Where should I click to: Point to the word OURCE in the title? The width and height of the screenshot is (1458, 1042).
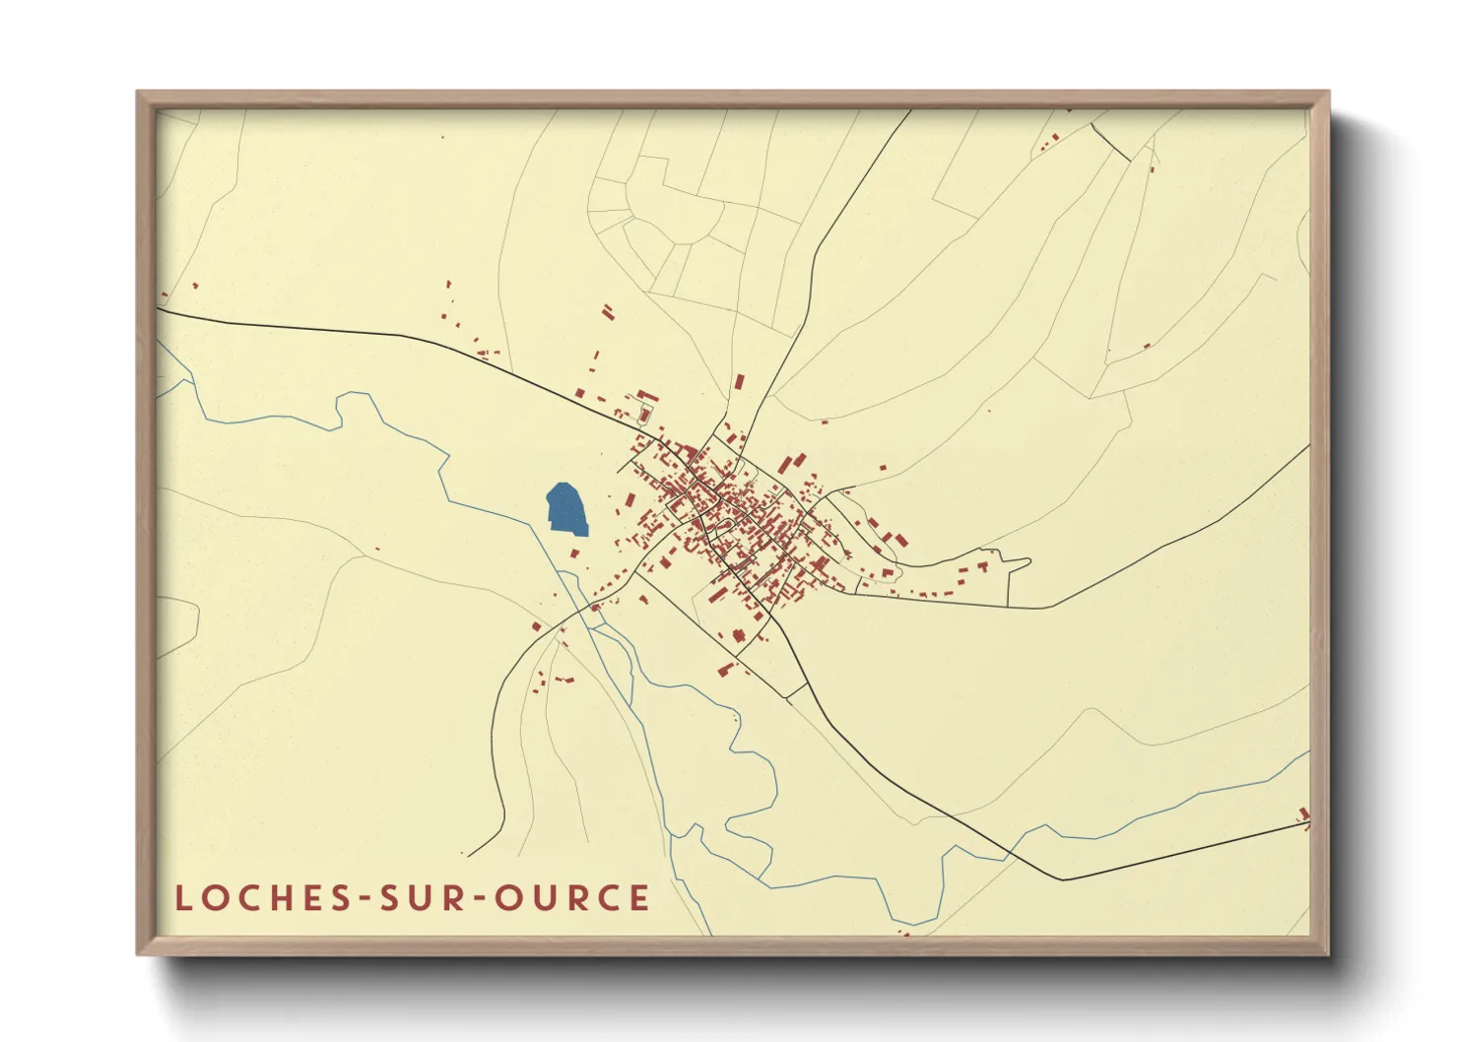pos(571,897)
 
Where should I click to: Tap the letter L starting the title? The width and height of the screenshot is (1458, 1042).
pos(182,897)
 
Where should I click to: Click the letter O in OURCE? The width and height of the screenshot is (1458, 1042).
pos(508,897)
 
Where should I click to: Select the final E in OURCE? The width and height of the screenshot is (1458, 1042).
pos(640,897)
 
